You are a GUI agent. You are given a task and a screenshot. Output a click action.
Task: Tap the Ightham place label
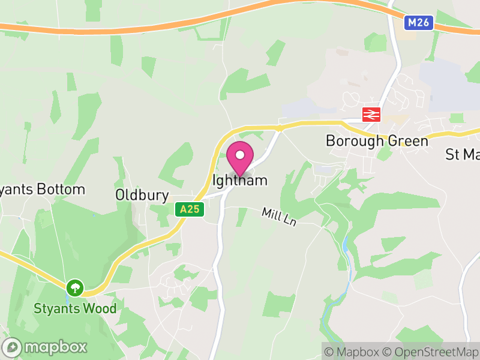[x=240, y=180]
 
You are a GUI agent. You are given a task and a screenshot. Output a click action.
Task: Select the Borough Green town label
[x=377, y=141]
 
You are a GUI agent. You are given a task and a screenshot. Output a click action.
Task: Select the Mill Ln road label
[x=279, y=217]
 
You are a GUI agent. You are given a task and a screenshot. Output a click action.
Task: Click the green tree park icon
[x=74, y=287]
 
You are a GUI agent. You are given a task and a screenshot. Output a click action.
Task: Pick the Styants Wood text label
[x=75, y=310]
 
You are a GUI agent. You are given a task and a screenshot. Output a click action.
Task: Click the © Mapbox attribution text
[x=354, y=352]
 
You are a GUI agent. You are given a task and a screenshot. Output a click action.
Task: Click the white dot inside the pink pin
[x=240, y=155]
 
